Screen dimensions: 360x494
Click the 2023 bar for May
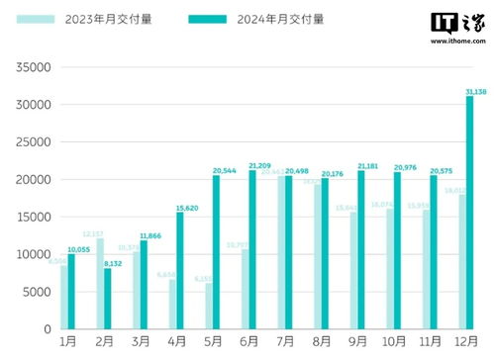209,306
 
